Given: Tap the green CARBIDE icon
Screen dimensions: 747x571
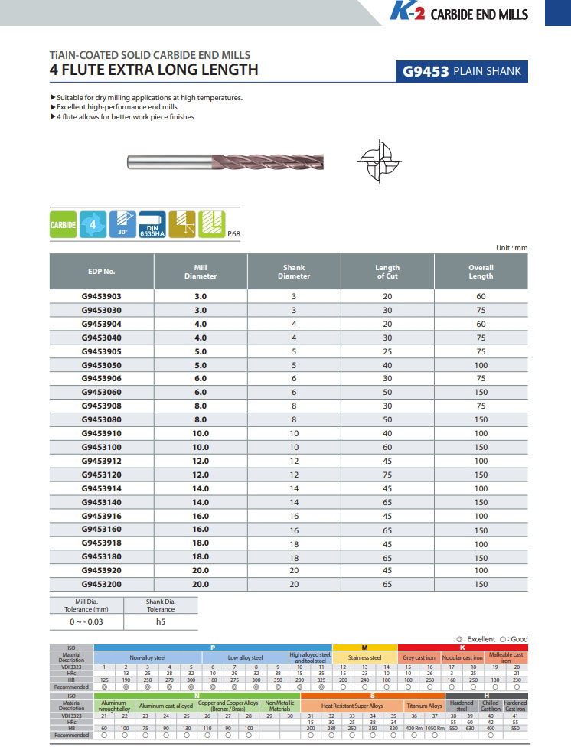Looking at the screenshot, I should tap(64, 225).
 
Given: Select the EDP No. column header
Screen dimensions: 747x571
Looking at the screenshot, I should tap(101, 272).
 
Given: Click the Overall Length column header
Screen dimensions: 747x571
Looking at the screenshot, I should tap(481, 272).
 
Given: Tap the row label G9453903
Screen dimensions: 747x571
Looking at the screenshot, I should tap(101, 296).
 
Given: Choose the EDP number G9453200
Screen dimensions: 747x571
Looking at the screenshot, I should tap(101, 583).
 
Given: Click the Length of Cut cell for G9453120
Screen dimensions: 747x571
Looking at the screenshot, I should tap(387, 475).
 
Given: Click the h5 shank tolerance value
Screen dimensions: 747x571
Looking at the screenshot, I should tap(160, 622).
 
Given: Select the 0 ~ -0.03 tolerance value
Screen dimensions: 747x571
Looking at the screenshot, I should tap(85, 622).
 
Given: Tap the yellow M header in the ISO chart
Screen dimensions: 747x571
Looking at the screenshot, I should tap(365, 648).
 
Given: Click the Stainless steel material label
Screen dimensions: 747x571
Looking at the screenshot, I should tap(365, 657).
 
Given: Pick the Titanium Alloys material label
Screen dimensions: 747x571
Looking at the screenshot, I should tap(424, 706).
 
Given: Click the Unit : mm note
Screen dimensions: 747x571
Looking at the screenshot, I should tap(511, 248).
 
